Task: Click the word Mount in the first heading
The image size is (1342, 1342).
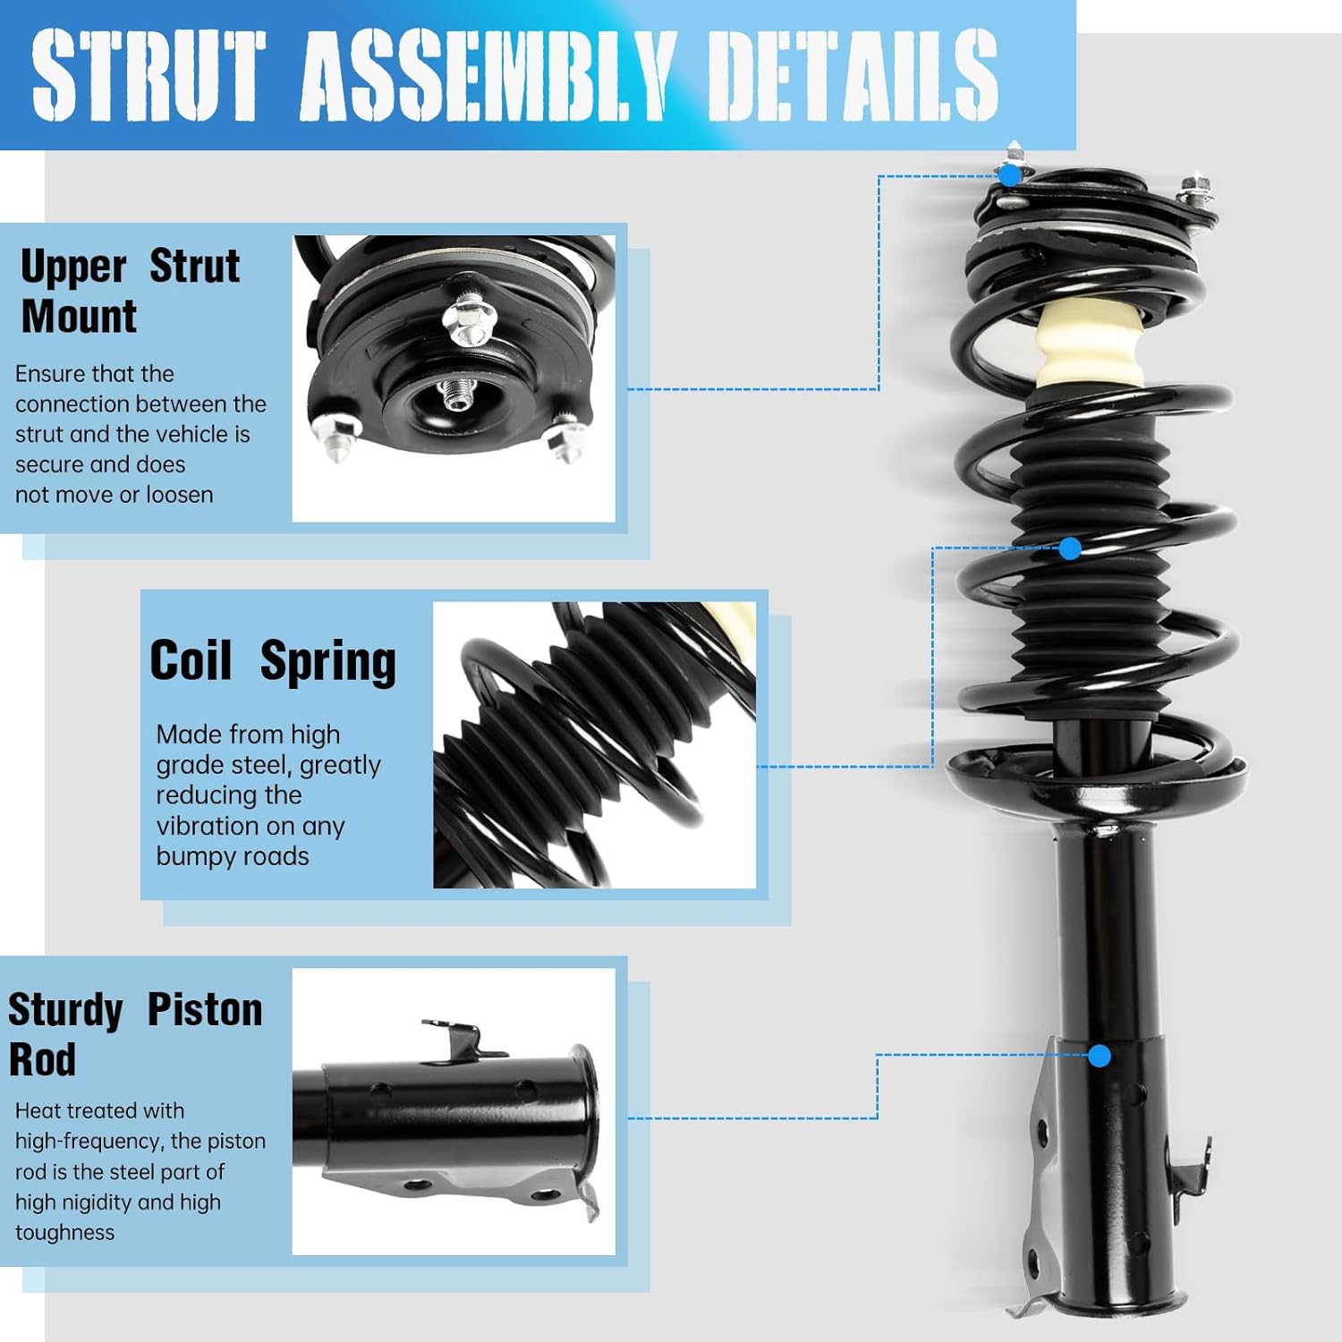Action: coord(79,316)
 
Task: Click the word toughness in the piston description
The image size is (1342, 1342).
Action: coord(64,1232)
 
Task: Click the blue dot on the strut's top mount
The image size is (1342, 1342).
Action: coord(1009,174)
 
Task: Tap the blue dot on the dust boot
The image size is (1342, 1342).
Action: coord(1070,548)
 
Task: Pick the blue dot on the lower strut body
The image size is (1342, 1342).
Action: coord(1100,1056)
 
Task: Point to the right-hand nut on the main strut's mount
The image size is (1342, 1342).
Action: coord(1194,191)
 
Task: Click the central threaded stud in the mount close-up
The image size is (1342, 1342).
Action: coord(458,396)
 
